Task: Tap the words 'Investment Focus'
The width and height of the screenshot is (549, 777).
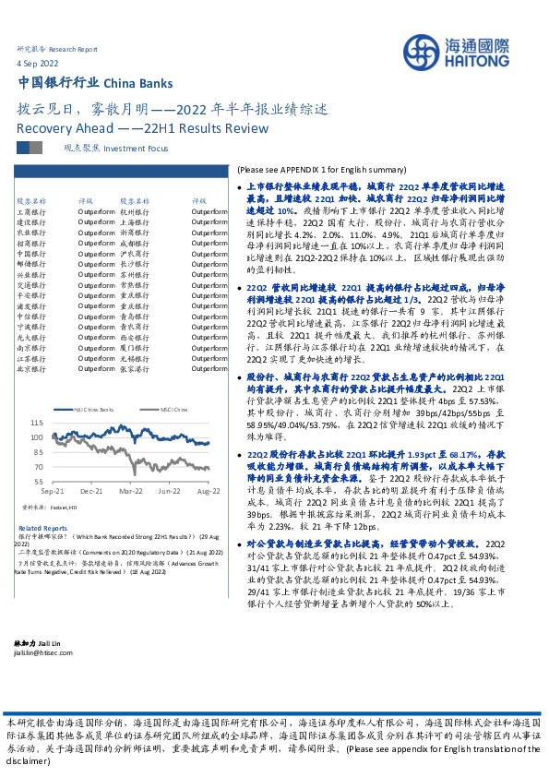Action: click(x=137, y=148)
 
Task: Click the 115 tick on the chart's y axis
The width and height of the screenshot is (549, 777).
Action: click(x=37, y=422)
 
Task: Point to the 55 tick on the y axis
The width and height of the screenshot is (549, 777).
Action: click(x=40, y=481)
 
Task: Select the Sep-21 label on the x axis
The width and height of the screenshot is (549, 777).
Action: click(x=53, y=493)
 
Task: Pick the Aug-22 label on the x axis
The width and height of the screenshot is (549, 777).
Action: click(x=208, y=493)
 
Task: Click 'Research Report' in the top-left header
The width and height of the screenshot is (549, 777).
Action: click(x=75, y=48)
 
